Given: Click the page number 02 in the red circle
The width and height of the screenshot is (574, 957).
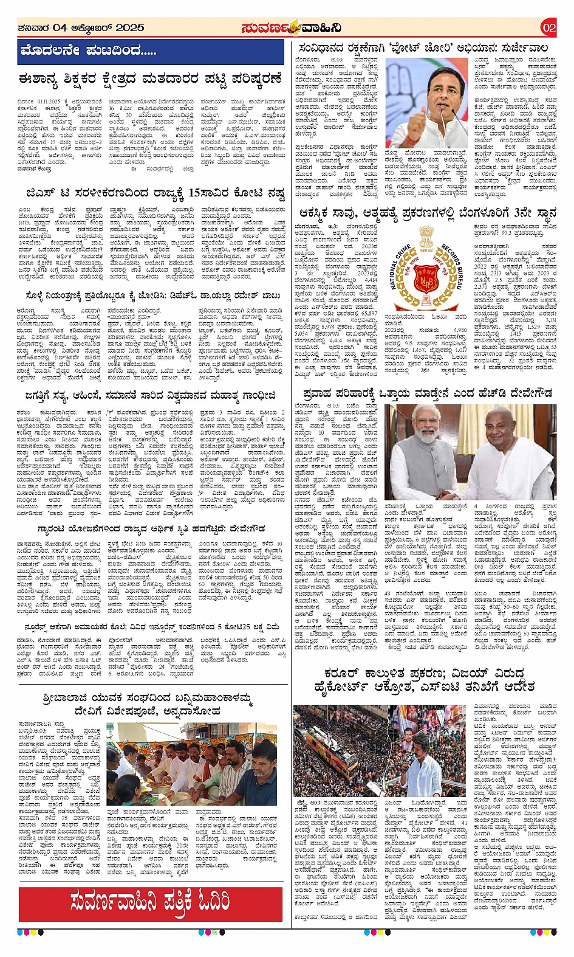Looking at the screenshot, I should click(x=548, y=27).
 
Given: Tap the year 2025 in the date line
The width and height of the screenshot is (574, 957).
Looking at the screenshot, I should click(x=130, y=27).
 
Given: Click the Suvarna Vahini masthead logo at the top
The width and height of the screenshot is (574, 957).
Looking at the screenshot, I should click(x=290, y=27).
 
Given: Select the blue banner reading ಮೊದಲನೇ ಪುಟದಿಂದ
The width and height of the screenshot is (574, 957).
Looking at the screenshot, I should click(x=150, y=51).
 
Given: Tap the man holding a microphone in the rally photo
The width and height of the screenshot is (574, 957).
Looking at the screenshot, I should click(x=419, y=754).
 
